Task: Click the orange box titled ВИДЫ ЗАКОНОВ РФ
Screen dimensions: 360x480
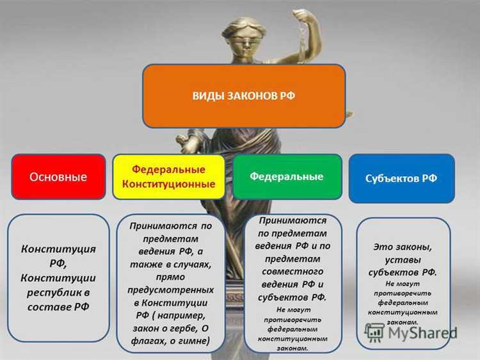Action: coord(244,95)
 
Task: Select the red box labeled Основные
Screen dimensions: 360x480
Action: coord(58,177)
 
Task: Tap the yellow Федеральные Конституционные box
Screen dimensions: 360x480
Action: coord(168,177)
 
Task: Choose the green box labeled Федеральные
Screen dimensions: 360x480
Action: coord(286,176)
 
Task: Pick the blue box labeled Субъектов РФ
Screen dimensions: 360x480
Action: coord(401,178)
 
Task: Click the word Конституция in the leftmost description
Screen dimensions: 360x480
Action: coord(58,249)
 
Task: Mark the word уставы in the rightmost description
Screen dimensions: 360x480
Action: coord(403,259)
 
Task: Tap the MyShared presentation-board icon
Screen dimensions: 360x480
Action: coord(374,331)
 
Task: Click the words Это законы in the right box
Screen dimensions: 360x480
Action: coord(403,246)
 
